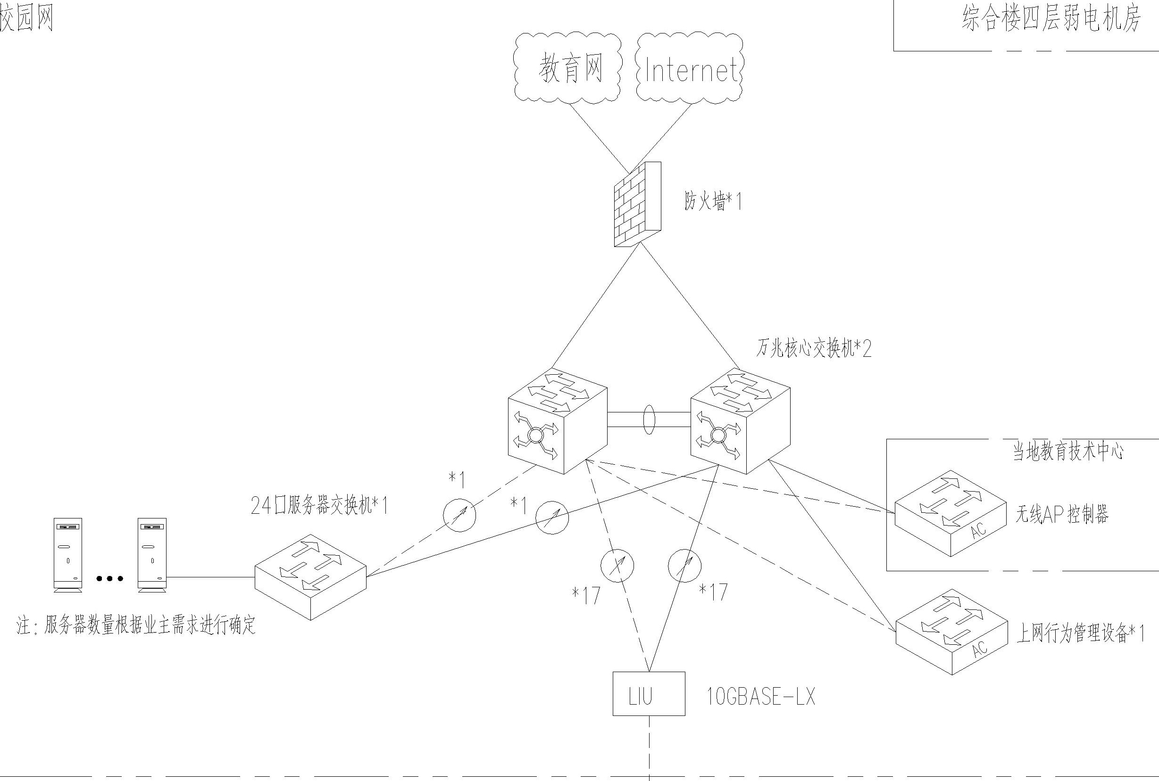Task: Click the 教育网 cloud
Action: pos(568,68)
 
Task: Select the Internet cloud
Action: pos(690,69)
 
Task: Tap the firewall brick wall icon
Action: pos(637,204)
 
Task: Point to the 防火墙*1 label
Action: pos(713,202)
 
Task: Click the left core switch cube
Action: pos(557,421)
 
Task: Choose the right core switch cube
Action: pos(740,421)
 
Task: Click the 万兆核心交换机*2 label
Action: pos(814,349)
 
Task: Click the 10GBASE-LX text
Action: pos(761,696)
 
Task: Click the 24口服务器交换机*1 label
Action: pos(319,506)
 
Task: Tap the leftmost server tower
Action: pos(68,555)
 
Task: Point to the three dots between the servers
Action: pos(109,578)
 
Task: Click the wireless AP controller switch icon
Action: pos(950,513)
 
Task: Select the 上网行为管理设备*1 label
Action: pos(1080,633)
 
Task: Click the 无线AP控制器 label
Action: pos(1062,514)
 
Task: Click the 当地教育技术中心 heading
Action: pos(1068,452)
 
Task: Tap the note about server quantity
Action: pos(136,625)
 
